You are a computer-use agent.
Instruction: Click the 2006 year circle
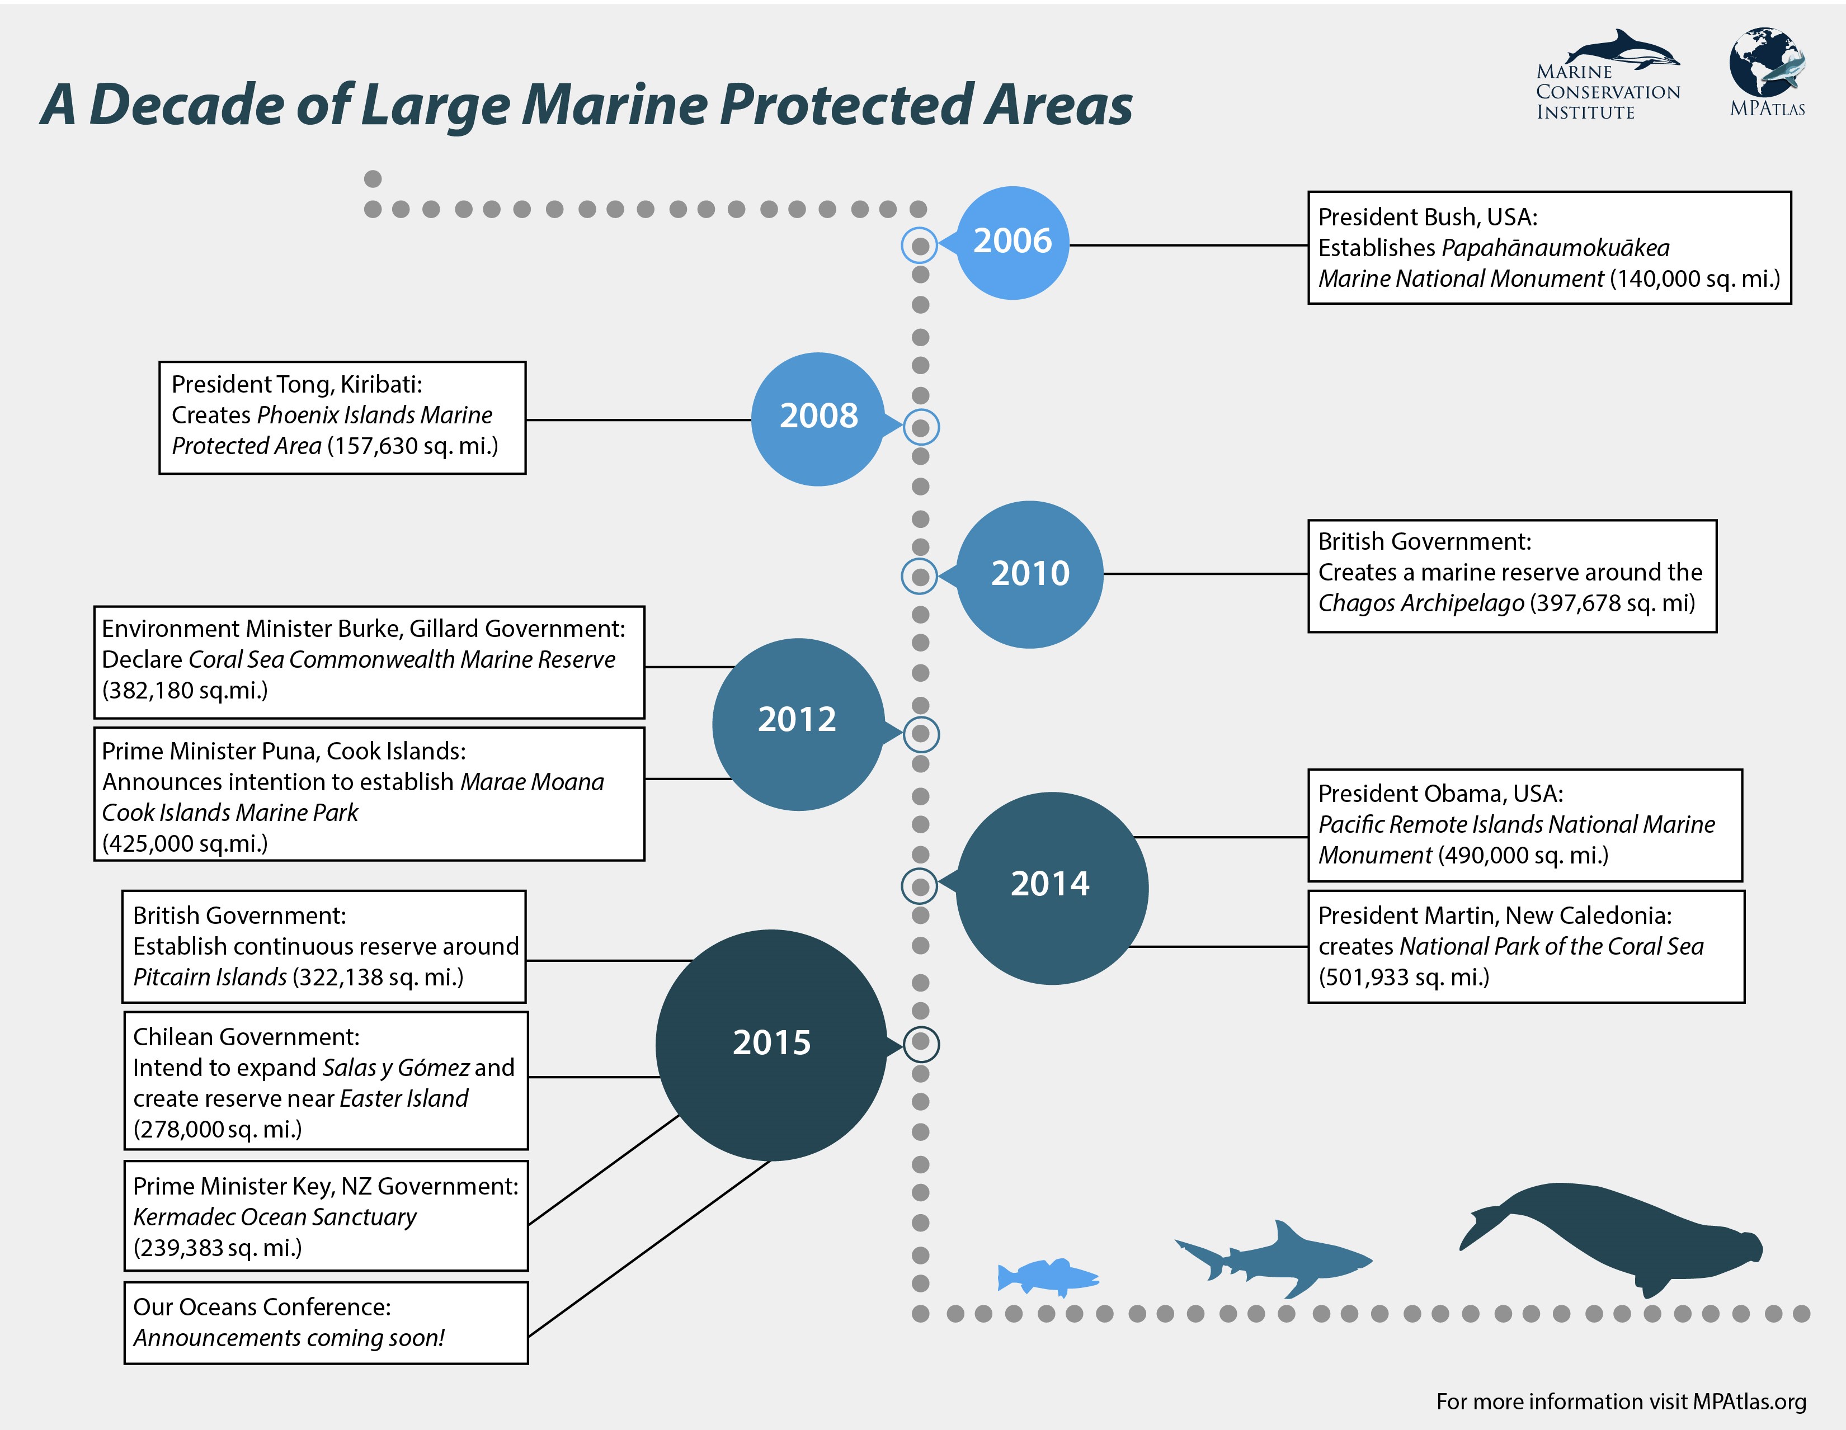[x=1013, y=243]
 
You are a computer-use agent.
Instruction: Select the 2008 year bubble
[x=818, y=418]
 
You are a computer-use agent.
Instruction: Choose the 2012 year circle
[x=797, y=724]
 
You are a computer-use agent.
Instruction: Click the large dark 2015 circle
[x=771, y=1045]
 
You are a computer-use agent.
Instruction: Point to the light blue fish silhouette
[x=1047, y=1276]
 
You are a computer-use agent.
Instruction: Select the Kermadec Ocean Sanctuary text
[x=275, y=1217]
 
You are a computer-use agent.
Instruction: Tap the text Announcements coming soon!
[x=288, y=1338]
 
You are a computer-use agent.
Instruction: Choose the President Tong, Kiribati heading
[x=296, y=385]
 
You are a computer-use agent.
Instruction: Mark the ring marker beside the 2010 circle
[x=920, y=577]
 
